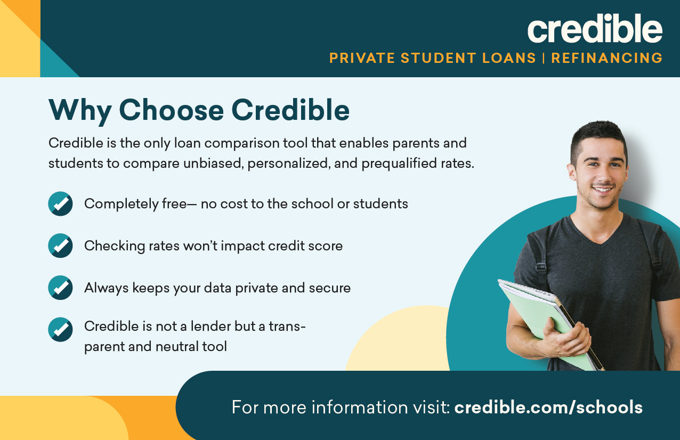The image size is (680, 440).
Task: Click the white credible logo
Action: (595, 28)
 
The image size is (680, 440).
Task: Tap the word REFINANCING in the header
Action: (607, 58)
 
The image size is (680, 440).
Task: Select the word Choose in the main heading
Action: (172, 110)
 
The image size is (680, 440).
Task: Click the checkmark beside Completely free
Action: (60, 203)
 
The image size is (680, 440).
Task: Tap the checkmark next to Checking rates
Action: (60, 246)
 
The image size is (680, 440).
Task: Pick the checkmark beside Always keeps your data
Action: (60, 288)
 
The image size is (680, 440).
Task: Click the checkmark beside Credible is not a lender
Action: (60, 330)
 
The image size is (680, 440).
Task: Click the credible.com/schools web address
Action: (548, 407)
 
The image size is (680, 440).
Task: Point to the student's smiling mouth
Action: (603, 190)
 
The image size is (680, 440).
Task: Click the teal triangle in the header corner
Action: (54, 63)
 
